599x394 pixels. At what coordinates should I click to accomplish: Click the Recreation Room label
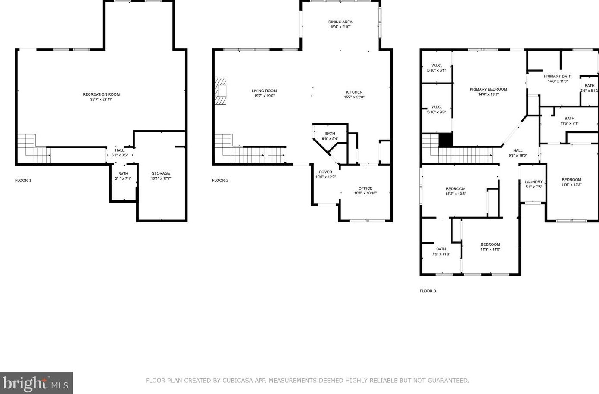pos(101,94)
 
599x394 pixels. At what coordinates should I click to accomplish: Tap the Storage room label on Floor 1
pos(161,173)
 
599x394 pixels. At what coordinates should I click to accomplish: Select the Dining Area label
pos(340,22)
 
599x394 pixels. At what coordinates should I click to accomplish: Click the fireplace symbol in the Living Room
pos(220,91)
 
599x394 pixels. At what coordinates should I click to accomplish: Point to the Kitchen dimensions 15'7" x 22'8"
pos(354,97)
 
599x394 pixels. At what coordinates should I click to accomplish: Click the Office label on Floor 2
pos(365,188)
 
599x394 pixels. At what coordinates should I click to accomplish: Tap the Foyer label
pos(325,172)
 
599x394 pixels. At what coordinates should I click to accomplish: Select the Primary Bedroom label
pos(488,89)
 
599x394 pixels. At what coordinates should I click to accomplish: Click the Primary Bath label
pos(558,76)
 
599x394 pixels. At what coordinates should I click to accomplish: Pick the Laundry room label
pos(534,182)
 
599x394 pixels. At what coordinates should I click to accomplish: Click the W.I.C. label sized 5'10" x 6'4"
pos(437,66)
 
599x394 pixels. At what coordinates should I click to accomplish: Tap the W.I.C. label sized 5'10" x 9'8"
pos(437,107)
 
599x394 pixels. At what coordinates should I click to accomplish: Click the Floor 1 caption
pos(23,181)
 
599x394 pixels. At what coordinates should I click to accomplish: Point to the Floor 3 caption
pos(428,291)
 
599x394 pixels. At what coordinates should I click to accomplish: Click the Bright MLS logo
pos(36,383)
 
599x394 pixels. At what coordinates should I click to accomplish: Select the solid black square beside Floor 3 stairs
pos(446,140)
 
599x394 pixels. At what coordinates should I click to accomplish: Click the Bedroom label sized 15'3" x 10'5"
pos(455,189)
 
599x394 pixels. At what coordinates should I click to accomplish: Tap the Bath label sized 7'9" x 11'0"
pos(441,249)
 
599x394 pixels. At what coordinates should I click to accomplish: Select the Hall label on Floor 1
pos(119,150)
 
